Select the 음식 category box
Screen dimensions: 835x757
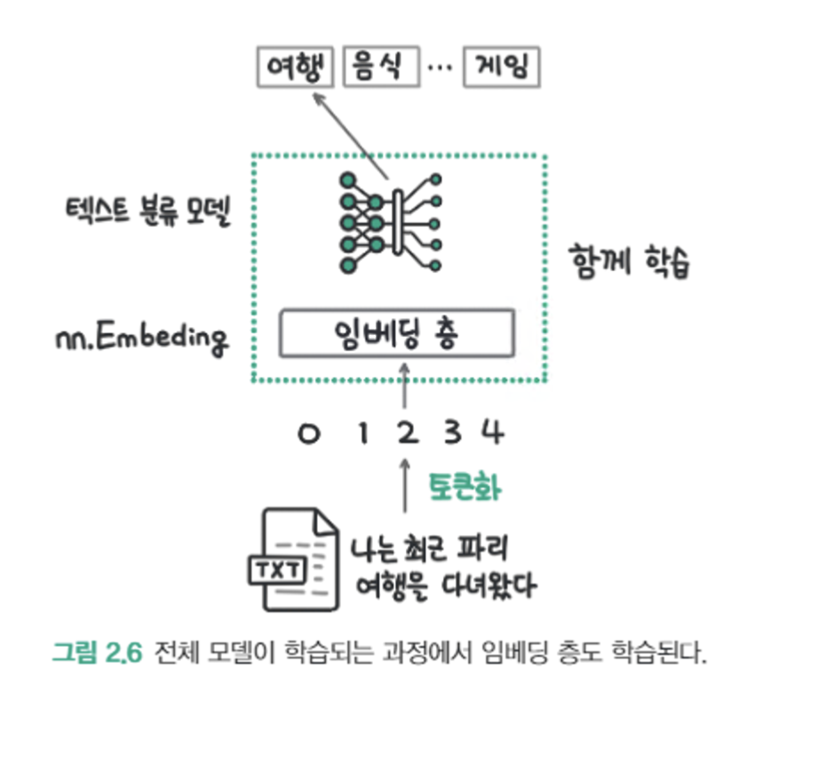(x=380, y=67)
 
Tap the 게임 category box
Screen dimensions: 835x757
(x=501, y=67)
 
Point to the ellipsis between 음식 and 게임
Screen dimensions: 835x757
(x=441, y=68)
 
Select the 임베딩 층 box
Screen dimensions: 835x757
(x=396, y=333)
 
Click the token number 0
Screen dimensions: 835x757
(x=307, y=434)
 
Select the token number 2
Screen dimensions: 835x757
(x=406, y=434)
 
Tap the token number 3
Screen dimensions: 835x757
(x=452, y=434)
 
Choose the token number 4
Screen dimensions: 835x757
(x=493, y=434)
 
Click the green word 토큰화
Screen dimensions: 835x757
(x=465, y=486)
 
